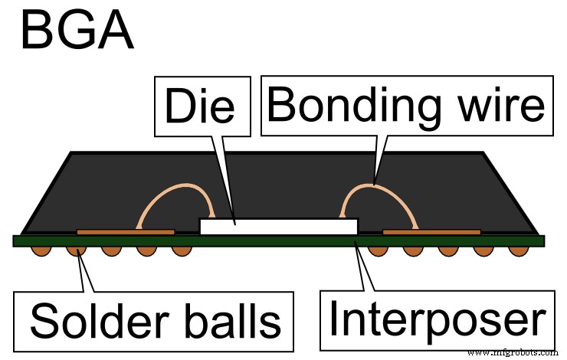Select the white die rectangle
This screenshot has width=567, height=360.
[278, 227]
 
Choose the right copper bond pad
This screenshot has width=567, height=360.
[431, 231]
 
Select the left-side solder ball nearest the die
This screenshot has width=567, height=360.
[181, 250]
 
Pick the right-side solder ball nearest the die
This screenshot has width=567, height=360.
[376, 250]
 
